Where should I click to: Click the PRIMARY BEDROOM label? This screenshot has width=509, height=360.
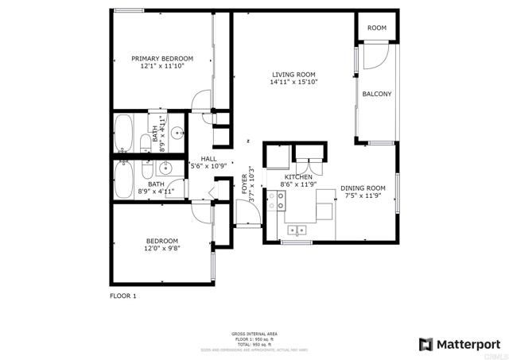tap(162, 59)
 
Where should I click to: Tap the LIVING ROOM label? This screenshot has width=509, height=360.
tap(294, 74)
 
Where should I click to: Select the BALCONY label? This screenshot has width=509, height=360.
tap(376, 94)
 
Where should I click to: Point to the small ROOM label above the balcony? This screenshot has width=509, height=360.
tap(376, 28)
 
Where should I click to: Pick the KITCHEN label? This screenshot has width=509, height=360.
tap(299, 176)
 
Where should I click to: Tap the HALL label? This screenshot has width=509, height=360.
tap(208, 158)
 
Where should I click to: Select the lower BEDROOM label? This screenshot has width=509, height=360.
tap(161, 241)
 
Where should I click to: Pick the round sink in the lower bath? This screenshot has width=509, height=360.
tap(166, 168)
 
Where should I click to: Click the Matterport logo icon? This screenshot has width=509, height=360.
tap(425, 344)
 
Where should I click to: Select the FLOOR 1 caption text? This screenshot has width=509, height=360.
tap(123, 296)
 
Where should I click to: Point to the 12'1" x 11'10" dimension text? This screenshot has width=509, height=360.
tap(162, 67)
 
